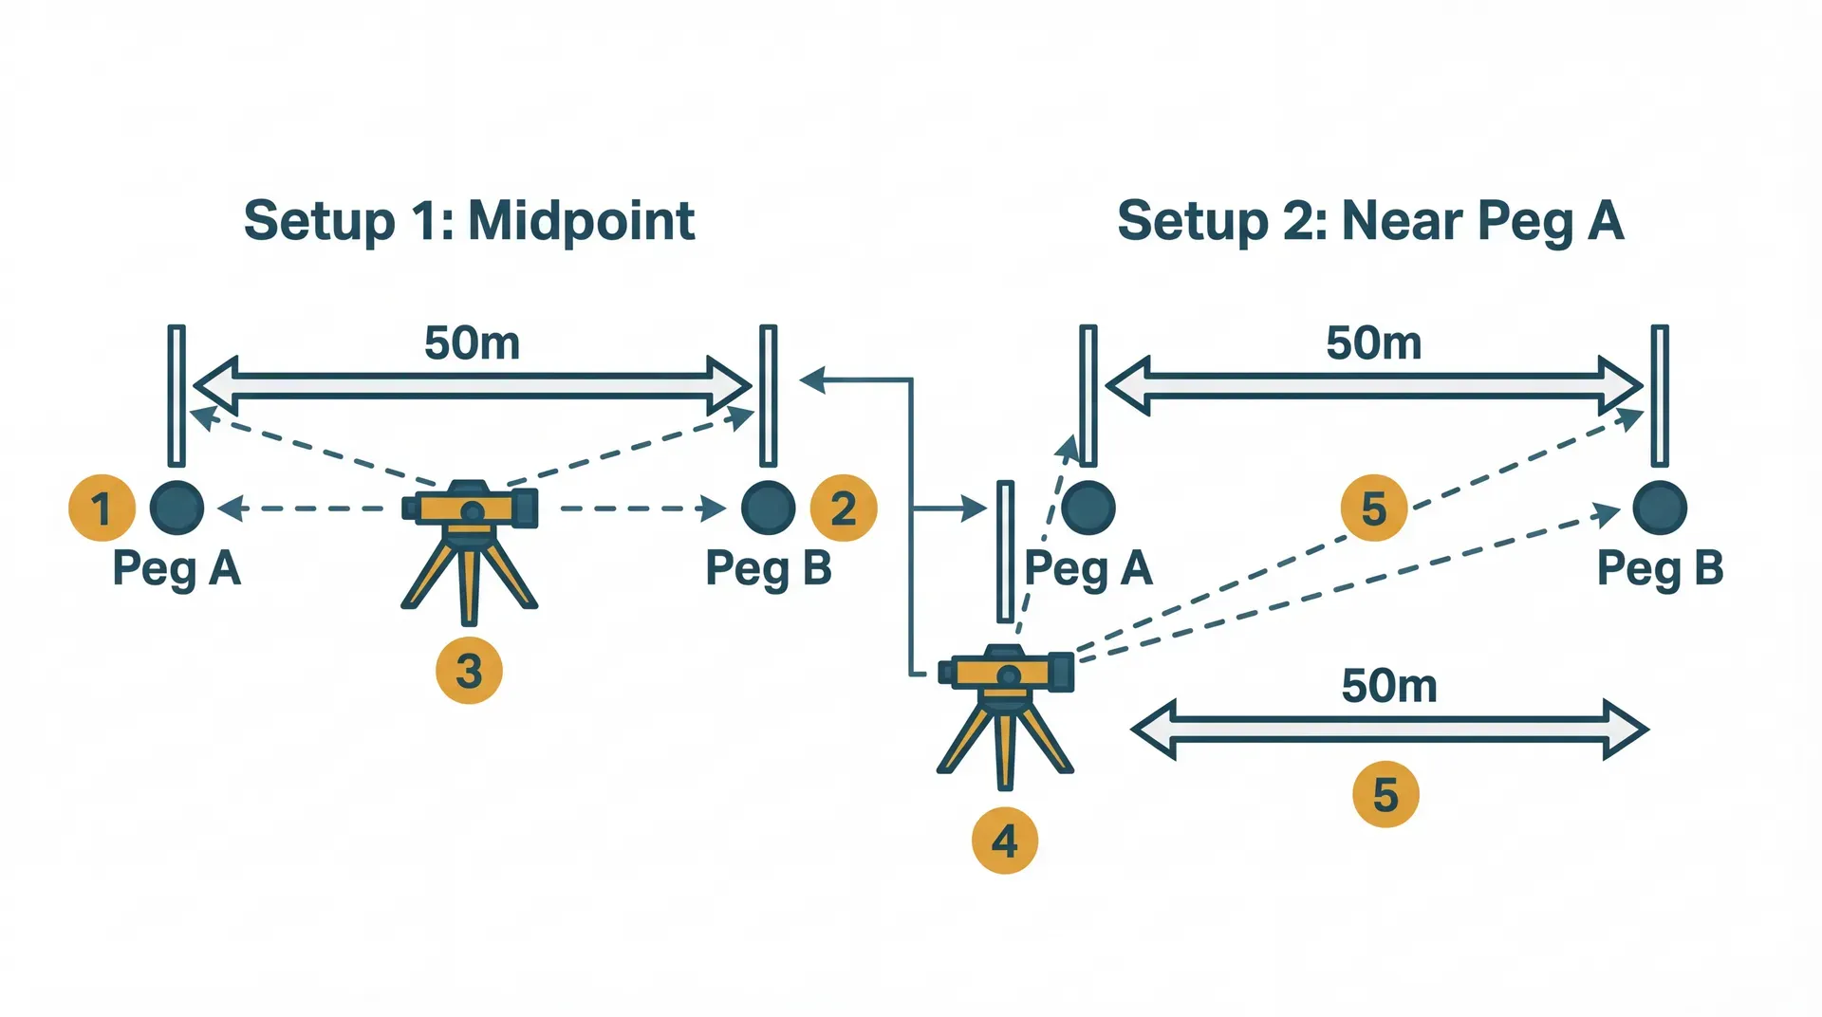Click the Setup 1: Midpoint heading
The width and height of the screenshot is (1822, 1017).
coord(469,221)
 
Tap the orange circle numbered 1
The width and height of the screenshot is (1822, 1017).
coord(102,508)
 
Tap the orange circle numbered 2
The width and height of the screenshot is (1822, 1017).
coord(843,508)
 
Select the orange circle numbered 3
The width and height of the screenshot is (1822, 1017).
coord(469,671)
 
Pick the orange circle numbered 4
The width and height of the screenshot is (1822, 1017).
coord(1005,841)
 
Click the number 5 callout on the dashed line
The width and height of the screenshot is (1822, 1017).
coord(1373,508)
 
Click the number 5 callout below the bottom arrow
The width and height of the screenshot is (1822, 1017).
coord(1385,794)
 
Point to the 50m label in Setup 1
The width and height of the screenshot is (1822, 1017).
coord(472,342)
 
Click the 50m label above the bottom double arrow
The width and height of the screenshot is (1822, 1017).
coord(1389,685)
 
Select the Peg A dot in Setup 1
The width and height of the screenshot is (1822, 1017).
coord(177,508)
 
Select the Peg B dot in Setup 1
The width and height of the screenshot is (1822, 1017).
coord(768,508)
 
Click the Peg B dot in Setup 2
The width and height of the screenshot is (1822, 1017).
coord(1660,508)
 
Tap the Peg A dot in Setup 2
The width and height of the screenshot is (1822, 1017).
coord(1088,508)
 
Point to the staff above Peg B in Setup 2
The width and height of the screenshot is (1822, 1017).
coord(1660,395)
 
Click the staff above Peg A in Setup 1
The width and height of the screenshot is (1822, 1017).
coord(177,395)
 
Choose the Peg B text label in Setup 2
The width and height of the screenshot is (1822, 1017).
coord(1660,568)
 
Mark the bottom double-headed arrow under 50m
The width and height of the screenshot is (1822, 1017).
coord(1389,730)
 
